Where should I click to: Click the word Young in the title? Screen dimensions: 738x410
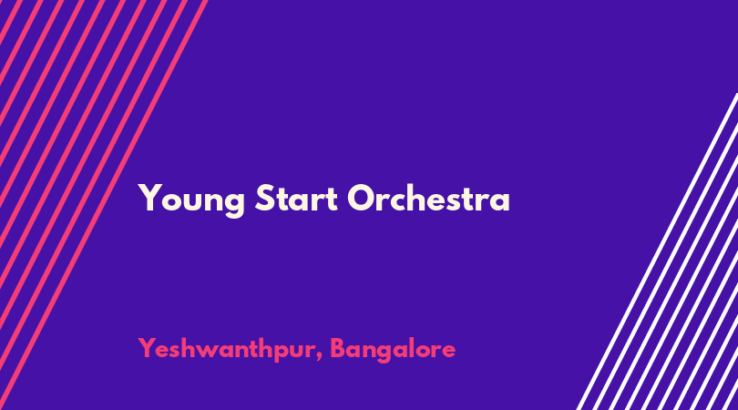[191, 200]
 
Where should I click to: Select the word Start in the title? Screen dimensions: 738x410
[296, 198]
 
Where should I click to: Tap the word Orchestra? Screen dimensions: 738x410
[429, 198]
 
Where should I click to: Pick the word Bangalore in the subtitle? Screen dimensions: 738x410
[393, 350]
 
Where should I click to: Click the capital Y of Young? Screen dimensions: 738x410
[149, 198]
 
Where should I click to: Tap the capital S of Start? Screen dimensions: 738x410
[265, 198]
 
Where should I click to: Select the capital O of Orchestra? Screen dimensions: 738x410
[362, 198]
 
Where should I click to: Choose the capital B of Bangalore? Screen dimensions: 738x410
[339, 348]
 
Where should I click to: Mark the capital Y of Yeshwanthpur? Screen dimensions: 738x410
[147, 348]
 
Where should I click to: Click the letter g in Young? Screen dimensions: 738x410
[234, 205]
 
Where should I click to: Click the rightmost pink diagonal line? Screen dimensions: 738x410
[103, 205]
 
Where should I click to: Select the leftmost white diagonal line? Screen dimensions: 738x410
[657, 251]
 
